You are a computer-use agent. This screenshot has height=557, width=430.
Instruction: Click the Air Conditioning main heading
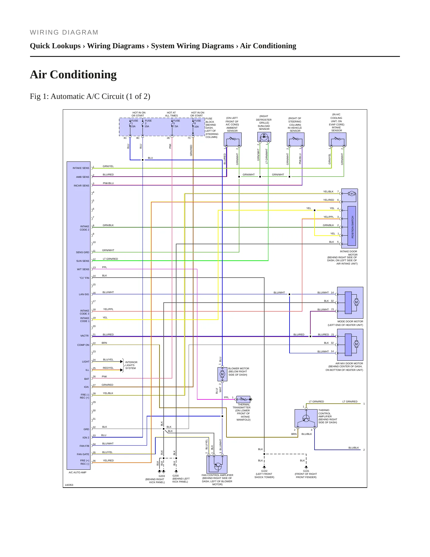[73, 74]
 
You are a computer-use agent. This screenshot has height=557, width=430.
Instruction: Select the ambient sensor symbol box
[232, 139]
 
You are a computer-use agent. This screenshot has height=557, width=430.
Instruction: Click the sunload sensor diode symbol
[264, 137]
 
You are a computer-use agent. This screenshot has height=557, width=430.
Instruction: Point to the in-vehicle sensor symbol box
[295, 139]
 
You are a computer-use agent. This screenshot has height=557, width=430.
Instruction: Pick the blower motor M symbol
[222, 374]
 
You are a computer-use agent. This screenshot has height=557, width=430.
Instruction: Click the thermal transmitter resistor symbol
[243, 399]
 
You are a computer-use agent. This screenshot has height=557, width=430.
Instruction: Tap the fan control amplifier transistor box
[217, 464]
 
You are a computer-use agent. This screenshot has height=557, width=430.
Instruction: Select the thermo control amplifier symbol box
[306, 418]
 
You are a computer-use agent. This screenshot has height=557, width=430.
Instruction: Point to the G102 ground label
[264, 471]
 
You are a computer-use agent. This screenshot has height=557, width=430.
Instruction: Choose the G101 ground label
[306, 471]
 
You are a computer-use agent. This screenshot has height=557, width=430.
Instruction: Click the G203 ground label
[162, 476]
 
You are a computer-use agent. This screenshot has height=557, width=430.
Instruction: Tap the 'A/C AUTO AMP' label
[77, 472]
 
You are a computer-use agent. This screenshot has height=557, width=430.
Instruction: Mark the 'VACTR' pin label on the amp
[85, 336]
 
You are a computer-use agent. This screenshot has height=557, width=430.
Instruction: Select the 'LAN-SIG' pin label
[84, 294]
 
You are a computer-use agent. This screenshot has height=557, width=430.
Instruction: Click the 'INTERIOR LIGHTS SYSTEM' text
[131, 365]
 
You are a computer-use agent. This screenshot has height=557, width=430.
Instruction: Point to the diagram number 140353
[69, 485]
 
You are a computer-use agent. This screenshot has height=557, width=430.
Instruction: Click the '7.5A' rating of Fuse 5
[176, 126]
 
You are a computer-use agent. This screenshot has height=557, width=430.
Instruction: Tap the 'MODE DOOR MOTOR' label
[350, 321]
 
